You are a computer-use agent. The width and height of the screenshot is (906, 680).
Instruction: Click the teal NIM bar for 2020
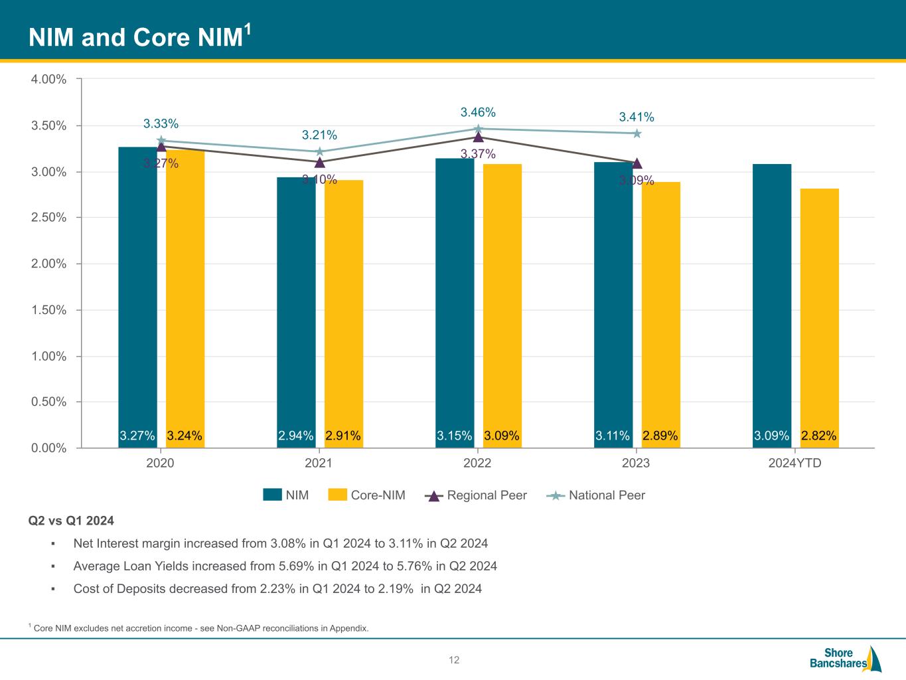point(137,292)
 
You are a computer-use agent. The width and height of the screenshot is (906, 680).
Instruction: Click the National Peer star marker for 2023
point(637,133)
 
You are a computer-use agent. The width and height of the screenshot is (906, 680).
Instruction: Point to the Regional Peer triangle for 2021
point(319,162)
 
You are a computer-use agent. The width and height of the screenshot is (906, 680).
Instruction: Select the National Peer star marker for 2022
point(477,129)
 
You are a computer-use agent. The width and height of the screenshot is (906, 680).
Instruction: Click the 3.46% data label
point(478,112)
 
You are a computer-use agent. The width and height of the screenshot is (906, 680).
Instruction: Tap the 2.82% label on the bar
point(818,436)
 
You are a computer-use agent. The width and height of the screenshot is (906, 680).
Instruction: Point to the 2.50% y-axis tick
point(49,218)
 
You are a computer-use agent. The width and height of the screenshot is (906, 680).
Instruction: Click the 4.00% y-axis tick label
point(49,79)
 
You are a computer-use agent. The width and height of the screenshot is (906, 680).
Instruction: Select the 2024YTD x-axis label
point(794,463)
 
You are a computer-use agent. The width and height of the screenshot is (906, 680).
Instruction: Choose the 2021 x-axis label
point(319,463)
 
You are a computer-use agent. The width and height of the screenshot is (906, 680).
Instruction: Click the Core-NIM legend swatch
point(338,495)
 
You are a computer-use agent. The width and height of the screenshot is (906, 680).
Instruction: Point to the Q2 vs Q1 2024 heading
point(71,521)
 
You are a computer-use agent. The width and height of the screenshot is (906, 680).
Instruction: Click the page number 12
point(454,660)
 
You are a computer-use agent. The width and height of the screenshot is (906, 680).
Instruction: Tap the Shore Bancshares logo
point(845,657)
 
